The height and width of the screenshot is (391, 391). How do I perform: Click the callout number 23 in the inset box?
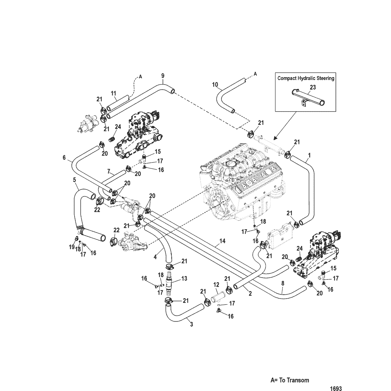312,87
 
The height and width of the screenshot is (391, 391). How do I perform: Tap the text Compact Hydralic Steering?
306,78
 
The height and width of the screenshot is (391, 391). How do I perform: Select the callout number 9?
163,76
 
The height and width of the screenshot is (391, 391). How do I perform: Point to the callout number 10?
215,85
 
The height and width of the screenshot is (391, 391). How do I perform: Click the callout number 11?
113,93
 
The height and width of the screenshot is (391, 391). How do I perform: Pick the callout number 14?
223,241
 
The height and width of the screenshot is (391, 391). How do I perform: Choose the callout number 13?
184,279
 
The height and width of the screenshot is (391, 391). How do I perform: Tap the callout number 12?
216,284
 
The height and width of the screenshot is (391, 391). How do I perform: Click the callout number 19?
72,247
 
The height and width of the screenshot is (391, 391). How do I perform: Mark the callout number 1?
309,155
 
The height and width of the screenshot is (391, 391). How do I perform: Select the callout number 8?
283,284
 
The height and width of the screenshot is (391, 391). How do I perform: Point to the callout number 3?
192,325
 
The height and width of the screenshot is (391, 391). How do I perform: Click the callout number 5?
74,180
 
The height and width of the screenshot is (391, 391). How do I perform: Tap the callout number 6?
64,157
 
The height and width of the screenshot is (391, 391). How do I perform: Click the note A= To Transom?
290,380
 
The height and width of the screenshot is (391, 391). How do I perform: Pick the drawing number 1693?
336,389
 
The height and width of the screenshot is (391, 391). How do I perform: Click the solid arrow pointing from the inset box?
285,125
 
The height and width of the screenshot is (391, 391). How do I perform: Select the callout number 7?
109,172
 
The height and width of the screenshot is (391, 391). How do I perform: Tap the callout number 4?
155,257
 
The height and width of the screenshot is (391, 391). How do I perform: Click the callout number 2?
250,294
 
